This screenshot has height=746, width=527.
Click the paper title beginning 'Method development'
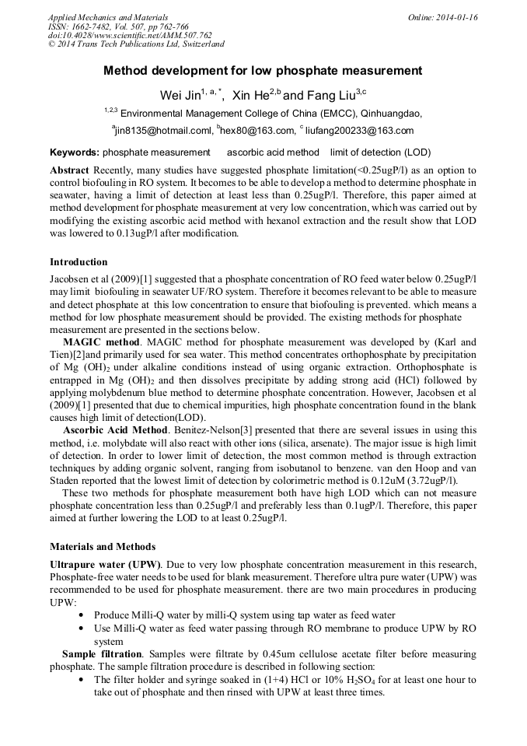(263, 71)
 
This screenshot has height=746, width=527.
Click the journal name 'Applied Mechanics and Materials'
(108, 17)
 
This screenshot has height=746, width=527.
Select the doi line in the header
(130, 36)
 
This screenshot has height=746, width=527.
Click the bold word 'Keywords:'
(74, 152)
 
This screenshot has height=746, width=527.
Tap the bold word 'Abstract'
(69, 170)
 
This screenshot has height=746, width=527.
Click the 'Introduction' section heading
(79, 261)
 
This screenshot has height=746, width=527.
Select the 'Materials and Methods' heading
(103, 546)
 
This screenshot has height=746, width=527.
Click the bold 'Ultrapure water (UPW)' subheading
(105, 563)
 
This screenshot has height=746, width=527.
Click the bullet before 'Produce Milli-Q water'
(82, 615)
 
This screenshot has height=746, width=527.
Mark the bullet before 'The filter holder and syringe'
(82, 681)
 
